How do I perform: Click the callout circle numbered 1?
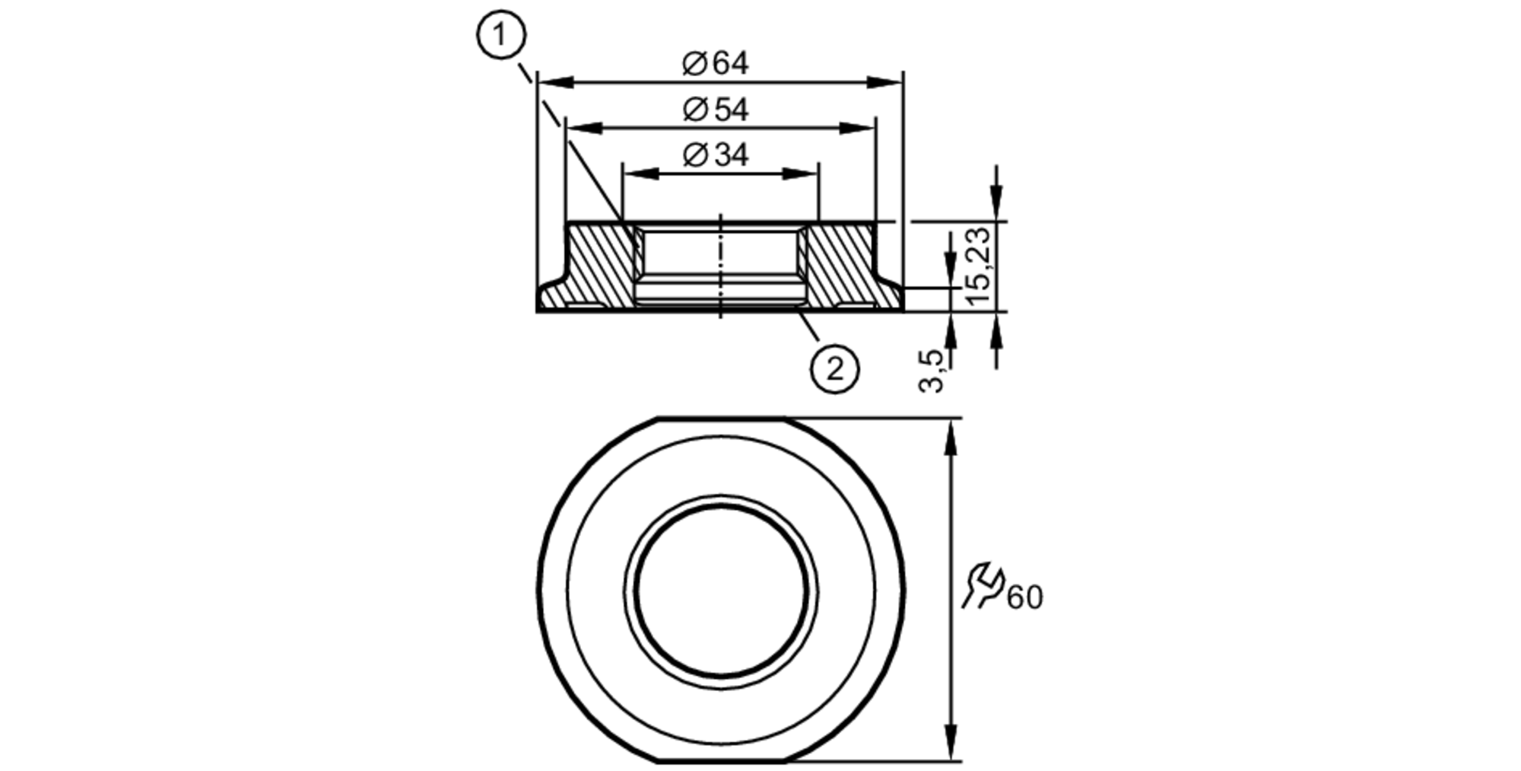click(x=501, y=36)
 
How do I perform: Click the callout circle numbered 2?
click(x=834, y=369)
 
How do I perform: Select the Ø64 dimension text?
click(x=715, y=63)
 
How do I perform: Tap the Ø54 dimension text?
click(x=715, y=110)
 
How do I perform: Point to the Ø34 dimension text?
click(x=715, y=155)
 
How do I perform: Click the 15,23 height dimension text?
click(x=979, y=266)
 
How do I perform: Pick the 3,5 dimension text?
click(x=932, y=371)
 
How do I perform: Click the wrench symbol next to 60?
click(x=983, y=585)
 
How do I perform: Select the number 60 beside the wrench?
click(x=1024, y=597)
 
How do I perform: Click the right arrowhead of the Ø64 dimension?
click(x=887, y=82)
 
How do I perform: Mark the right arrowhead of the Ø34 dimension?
click(x=802, y=174)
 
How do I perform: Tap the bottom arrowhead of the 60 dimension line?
click(x=950, y=743)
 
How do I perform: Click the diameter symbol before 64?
click(x=694, y=63)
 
